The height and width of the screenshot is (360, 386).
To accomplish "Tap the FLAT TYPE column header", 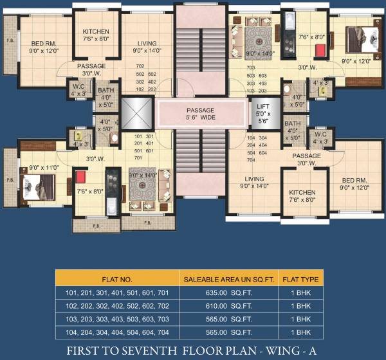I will [x=299, y=279].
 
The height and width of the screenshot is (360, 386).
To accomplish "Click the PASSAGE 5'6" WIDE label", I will [x=201, y=113].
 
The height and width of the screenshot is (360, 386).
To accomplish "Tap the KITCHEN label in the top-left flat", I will [x=96, y=32].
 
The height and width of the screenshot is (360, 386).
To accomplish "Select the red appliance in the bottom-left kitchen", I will [x=81, y=177].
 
